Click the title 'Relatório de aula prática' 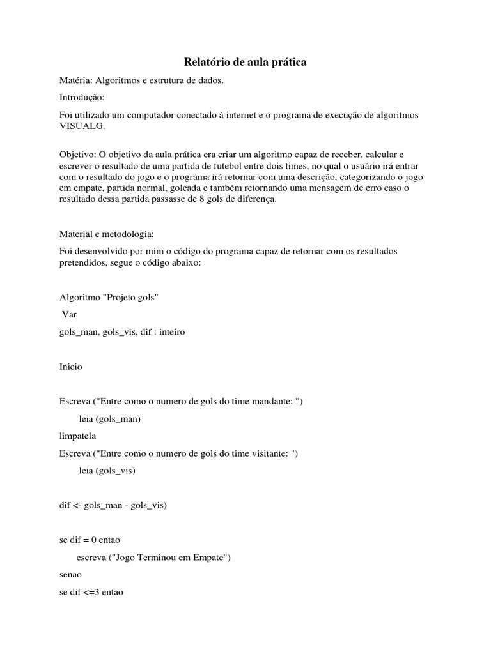coord(245,62)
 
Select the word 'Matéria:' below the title coord(75,80)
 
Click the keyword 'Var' coord(69,315)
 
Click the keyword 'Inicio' coord(71,367)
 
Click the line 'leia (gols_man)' coord(110,419)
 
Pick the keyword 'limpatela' coord(78,436)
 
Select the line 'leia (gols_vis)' coord(107,471)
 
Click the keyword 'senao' coord(72,575)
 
